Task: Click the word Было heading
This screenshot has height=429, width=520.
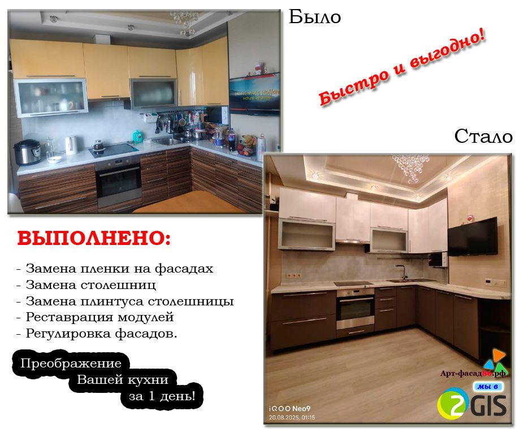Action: pos(315,16)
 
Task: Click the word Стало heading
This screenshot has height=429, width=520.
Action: pos(483,136)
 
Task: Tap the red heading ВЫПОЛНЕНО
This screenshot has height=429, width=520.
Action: pos(94,238)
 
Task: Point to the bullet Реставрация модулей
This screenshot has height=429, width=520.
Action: pos(95,317)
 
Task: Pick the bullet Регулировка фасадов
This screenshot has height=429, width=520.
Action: pos(97,333)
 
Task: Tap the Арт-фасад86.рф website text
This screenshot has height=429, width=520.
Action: pos(473,373)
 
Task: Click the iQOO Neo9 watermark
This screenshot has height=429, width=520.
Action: pos(289,409)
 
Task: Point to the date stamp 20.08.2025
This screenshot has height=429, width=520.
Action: pos(292,417)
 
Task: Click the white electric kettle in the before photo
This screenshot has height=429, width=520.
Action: pos(71,145)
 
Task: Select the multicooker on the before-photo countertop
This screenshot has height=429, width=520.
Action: pos(27,152)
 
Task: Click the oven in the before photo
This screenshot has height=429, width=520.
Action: pos(118,182)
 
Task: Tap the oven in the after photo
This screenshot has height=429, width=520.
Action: pos(355,309)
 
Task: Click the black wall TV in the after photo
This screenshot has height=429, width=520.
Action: pos(473,237)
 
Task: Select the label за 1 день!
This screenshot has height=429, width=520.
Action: pos(162,396)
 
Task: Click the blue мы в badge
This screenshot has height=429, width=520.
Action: pos(487,386)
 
